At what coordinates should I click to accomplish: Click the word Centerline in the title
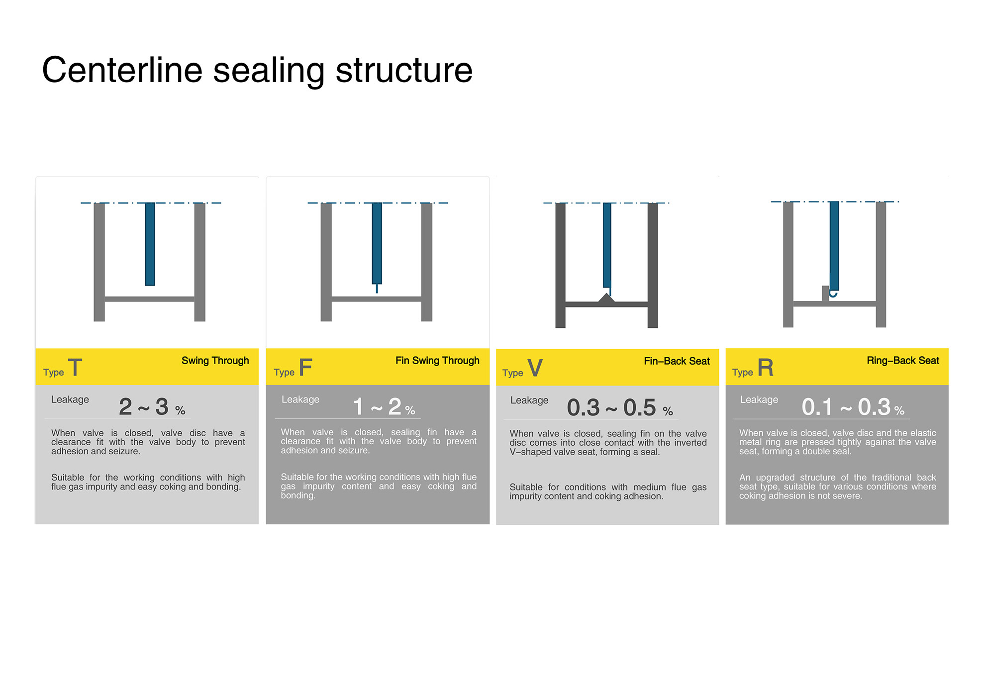point(122,70)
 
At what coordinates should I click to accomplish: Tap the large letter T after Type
point(75,368)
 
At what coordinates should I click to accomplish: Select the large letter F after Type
point(305,368)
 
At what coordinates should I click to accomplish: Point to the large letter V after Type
point(535,368)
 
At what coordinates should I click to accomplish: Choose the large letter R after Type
point(766,368)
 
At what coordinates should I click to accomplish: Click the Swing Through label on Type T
point(215,361)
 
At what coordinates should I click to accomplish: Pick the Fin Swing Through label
point(437,361)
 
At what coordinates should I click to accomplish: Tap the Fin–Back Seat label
point(677,361)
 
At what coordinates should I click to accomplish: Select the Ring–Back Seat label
point(903,361)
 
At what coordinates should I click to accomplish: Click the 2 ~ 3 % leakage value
point(152,407)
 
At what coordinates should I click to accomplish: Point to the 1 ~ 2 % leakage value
point(384,407)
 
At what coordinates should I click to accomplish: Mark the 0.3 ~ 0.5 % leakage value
point(620,408)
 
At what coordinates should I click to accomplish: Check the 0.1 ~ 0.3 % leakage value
point(853,407)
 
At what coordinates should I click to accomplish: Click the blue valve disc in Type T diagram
point(150,244)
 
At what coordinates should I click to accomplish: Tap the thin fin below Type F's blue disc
point(377,289)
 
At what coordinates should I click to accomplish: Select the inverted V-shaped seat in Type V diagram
point(606,298)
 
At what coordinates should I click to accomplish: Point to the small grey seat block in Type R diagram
point(825,293)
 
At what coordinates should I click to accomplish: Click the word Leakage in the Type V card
point(529,400)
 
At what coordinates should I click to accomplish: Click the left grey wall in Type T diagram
point(99,262)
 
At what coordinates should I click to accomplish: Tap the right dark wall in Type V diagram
point(653,266)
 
